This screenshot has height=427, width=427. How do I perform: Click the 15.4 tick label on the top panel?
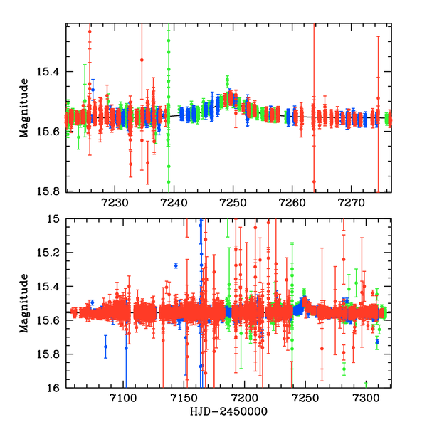coord(51,72)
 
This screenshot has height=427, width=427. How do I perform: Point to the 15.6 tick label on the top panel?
coord(51,132)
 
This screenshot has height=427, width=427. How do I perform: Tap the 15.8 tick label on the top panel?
coord(51,191)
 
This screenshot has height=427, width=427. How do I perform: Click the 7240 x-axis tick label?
coord(171,202)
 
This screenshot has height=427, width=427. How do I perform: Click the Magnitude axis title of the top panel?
coord(24,107)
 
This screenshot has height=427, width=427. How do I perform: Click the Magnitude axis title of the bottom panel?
coord(24,303)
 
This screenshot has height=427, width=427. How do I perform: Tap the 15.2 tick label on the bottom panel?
coord(51,253)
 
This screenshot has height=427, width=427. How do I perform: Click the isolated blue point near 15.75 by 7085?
coord(105,347)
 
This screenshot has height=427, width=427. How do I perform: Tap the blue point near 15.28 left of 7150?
coord(176,265)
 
